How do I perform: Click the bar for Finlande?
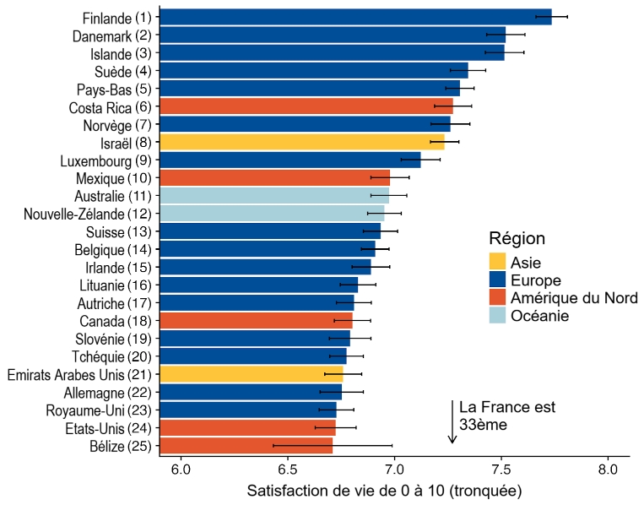point(354,17)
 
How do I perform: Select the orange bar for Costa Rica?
point(306,106)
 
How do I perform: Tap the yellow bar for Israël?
point(301,142)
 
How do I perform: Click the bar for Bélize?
point(246,446)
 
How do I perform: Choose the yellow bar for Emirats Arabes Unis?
point(251,374)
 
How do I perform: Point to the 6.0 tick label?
point(181,468)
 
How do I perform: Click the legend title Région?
point(517,239)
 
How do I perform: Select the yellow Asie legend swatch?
point(499,262)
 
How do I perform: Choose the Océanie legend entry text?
point(540,315)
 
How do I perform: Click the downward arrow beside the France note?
point(452,422)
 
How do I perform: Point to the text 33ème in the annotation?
point(483,425)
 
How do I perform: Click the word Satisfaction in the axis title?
point(289,491)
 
